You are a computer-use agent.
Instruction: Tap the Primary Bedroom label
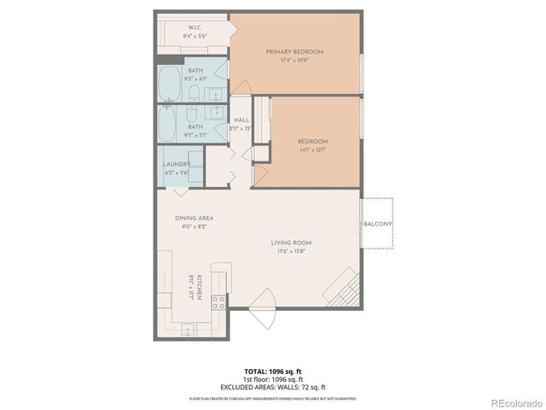[294, 51]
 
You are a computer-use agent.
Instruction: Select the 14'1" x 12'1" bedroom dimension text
[312, 150]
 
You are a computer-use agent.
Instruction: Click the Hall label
[241, 120]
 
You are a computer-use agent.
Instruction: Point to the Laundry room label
[177, 164]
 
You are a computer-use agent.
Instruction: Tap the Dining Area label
[194, 219]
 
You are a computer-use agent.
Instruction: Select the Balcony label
[378, 225]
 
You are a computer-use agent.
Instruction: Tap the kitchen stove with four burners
[218, 300]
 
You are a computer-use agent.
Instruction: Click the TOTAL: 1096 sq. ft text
[273, 371]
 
